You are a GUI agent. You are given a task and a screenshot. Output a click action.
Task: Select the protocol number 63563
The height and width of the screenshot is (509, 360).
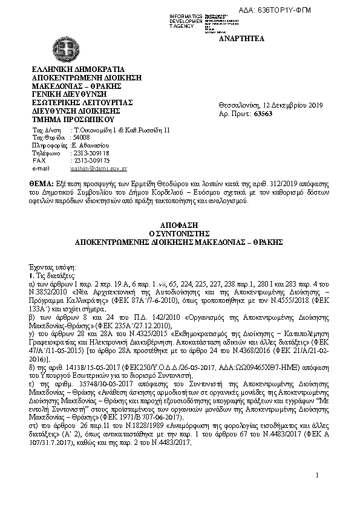(x=263, y=113)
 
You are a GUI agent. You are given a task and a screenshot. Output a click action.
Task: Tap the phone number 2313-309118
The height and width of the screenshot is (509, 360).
(x=90, y=153)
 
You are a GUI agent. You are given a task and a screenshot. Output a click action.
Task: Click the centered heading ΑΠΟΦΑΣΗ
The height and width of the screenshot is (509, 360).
(x=179, y=224)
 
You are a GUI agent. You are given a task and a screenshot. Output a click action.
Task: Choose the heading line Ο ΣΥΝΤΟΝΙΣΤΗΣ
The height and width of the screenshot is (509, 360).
(x=179, y=232)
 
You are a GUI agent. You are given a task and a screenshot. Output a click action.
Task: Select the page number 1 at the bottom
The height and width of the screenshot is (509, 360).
(x=316, y=475)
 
